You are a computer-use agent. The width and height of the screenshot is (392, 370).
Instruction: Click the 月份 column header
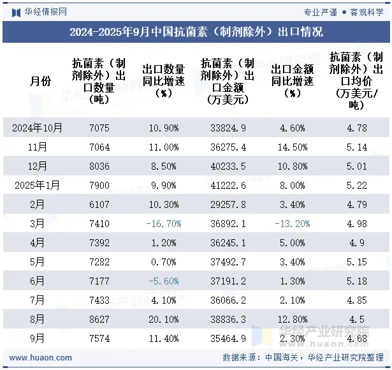tap(38, 81)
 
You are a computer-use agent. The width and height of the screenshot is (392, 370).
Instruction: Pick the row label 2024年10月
tap(38, 128)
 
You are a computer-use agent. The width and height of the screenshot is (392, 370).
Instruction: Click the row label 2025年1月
tap(38, 186)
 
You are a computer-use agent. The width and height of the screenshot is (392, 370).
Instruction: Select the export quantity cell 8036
tap(99, 166)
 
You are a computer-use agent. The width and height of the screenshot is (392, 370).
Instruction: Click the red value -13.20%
tap(293, 224)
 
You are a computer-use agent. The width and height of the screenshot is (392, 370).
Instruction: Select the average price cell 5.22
tap(356, 186)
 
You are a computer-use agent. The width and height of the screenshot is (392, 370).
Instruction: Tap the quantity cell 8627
tap(99, 320)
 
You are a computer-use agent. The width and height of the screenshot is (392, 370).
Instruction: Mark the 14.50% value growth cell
tap(293, 147)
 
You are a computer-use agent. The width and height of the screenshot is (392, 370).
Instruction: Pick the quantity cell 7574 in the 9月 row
tap(99, 339)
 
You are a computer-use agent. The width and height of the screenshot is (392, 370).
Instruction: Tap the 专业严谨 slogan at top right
tap(321, 11)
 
